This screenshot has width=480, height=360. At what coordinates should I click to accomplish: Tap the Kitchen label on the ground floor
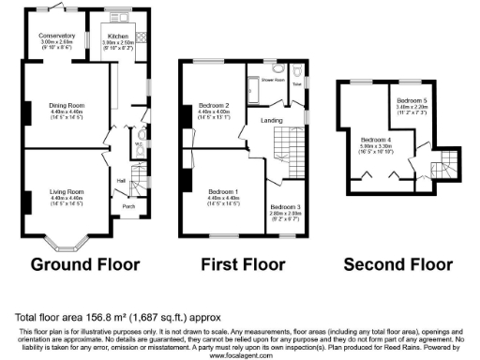click(117, 36)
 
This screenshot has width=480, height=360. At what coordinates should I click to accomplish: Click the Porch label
click(128, 207)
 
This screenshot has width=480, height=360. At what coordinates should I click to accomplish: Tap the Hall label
click(121, 180)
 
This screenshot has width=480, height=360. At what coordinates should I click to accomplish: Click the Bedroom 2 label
click(215, 105)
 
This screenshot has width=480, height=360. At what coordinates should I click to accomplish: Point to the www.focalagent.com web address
click(240, 355)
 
